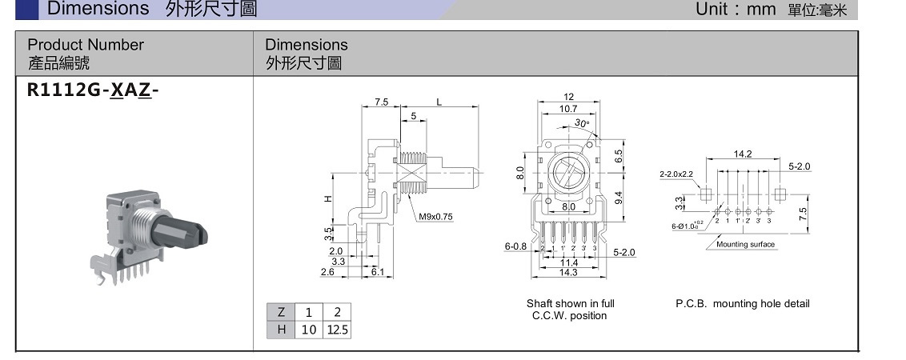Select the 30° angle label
pyautogui.click(x=582, y=123)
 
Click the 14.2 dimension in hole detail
pyautogui.click(x=743, y=154)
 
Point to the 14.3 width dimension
pyautogui.click(x=569, y=273)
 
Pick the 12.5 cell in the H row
pyautogui.click(x=337, y=330)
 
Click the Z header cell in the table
pyautogui.click(x=281, y=312)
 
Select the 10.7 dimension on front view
pyautogui.click(x=568, y=108)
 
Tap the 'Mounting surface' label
pyautogui.click(x=745, y=245)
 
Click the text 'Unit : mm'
pyautogui.click(x=736, y=10)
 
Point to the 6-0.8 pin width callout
pyautogui.click(x=515, y=247)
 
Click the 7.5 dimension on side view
pyautogui.click(x=382, y=102)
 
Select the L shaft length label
pyautogui.click(x=439, y=102)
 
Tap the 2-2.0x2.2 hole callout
pyautogui.click(x=677, y=174)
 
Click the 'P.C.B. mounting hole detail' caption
pyautogui.click(x=742, y=304)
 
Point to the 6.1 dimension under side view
pyautogui.click(x=378, y=273)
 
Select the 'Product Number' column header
pyautogui.click(x=86, y=45)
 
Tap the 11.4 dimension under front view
pyautogui.click(x=569, y=262)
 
